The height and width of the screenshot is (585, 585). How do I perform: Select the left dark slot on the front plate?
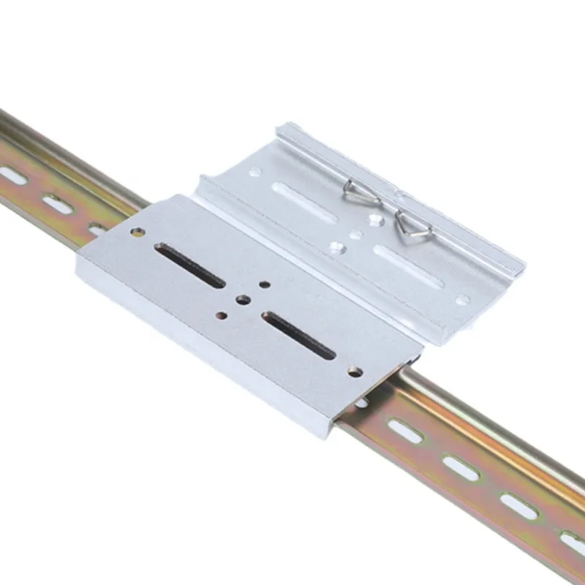pos(189,265)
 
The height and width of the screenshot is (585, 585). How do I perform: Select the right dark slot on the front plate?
pos(298,335)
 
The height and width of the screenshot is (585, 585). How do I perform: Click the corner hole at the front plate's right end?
pos(355,372)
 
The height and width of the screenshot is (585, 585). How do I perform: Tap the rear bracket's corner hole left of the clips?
pos(255,173)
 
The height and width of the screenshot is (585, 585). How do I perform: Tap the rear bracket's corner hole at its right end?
pos(462,299)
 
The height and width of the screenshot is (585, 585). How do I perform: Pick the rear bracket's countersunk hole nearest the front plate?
pos(336,249)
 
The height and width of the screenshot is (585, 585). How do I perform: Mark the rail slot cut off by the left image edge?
pos(11,175)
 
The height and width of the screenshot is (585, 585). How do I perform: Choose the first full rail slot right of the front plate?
pos(404,432)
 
